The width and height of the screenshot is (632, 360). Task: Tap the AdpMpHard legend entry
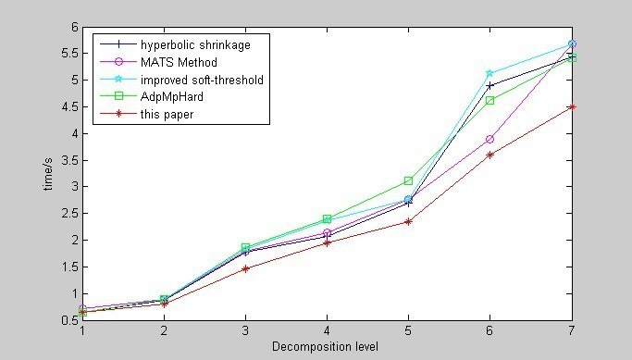coord(170,97)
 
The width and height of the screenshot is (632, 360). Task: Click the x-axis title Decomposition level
coord(327,347)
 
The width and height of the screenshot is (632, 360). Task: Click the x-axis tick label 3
coord(245,330)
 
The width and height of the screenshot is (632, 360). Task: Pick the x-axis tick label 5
coord(408,330)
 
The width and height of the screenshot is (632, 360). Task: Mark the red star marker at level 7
coord(572,106)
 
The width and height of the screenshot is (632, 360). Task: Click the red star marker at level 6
coord(490,155)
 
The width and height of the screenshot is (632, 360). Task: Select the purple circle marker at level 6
coord(490,139)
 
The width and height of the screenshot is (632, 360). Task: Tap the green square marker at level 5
coord(408,180)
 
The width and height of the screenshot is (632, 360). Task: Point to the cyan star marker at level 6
coord(490,73)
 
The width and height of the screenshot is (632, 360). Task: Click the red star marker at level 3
coord(245,268)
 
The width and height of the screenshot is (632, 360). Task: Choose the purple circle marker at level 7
coord(572,43)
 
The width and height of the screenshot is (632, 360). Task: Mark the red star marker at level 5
coord(408,221)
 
